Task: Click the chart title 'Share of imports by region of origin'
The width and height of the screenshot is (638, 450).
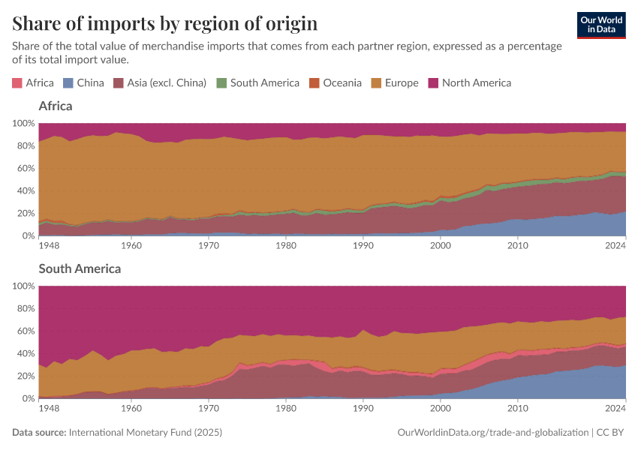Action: (164, 23)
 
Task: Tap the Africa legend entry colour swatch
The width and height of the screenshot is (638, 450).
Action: (17, 83)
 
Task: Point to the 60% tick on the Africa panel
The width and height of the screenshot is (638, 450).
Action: (25, 168)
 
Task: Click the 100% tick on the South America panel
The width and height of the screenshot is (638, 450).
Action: (23, 286)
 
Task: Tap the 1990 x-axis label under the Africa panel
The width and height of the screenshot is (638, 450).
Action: (363, 245)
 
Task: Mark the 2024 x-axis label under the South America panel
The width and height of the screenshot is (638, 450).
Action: (615, 408)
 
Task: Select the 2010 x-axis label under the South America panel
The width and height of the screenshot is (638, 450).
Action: (517, 408)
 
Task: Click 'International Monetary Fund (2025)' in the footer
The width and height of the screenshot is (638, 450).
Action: (145, 433)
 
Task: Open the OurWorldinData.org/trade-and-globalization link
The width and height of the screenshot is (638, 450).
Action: (492, 433)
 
